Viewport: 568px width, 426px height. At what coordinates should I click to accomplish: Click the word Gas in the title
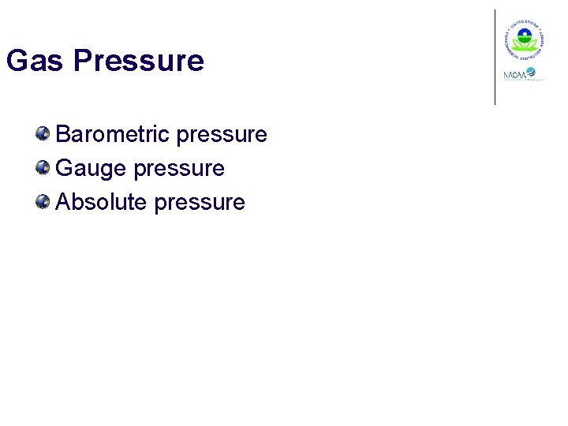click(35, 61)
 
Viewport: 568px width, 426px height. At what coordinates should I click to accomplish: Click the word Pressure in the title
click(138, 61)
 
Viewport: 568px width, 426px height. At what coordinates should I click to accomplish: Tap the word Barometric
click(114, 134)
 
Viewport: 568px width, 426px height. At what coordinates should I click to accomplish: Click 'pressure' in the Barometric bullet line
click(222, 135)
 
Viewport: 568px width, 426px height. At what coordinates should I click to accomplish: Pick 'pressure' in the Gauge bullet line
click(179, 169)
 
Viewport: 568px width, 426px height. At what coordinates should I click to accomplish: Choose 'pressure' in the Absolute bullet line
click(200, 203)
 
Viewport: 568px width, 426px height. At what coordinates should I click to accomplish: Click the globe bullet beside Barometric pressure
click(43, 133)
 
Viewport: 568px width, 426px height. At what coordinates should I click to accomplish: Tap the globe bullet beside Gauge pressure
click(43, 167)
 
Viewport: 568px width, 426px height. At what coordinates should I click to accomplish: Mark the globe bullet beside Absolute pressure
click(43, 201)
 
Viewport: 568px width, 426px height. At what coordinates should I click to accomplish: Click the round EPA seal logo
click(522, 39)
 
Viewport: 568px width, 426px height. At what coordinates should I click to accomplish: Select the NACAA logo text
click(515, 76)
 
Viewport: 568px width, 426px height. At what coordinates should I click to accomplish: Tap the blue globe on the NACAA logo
click(532, 73)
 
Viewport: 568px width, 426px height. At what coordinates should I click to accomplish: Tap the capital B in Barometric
click(63, 134)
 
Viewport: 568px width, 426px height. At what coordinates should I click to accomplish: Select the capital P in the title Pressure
click(81, 61)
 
